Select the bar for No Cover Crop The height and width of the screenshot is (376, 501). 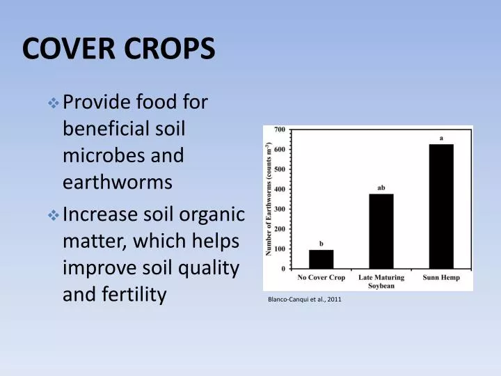(321, 259)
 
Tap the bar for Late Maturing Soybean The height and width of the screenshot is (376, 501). (381, 231)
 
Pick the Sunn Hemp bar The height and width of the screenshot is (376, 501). (440, 206)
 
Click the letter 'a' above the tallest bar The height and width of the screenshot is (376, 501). (441, 138)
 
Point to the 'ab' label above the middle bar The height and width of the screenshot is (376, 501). (381, 187)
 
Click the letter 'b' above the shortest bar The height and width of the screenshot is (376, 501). (321, 243)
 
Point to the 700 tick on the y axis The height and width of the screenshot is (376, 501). (278, 130)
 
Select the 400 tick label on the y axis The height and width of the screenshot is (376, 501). (278, 189)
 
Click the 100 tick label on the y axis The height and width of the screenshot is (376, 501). (278, 249)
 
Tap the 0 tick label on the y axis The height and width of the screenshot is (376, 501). (282, 269)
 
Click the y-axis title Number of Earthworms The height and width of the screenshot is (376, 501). (268, 198)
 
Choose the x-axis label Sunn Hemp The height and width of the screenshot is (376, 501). (441, 278)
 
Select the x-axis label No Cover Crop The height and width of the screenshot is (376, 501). (321, 278)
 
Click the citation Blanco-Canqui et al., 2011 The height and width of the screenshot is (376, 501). (305, 299)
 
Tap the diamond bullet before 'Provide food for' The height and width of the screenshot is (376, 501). (54, 103)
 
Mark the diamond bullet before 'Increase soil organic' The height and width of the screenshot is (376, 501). (54, 215)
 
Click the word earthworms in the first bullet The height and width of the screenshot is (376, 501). (117, 182)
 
